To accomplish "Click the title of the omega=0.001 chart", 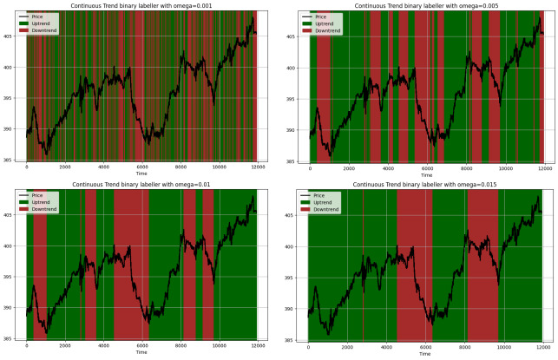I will click(141, 6).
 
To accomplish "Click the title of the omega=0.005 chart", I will click(424, 6).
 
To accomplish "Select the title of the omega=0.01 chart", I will click(141, 185).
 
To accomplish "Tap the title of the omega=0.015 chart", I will click(424, 185).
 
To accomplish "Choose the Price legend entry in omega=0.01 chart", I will click(41, 195).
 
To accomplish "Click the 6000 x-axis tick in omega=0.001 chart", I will click(142, 167).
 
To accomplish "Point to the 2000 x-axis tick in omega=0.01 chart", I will click(65, 346).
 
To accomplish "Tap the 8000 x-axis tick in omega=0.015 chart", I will click(464, 346).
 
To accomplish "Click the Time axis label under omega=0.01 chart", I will click(141, 353).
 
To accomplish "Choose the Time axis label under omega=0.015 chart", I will click(424, 353).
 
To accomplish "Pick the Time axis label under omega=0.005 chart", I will click(424, 174).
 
